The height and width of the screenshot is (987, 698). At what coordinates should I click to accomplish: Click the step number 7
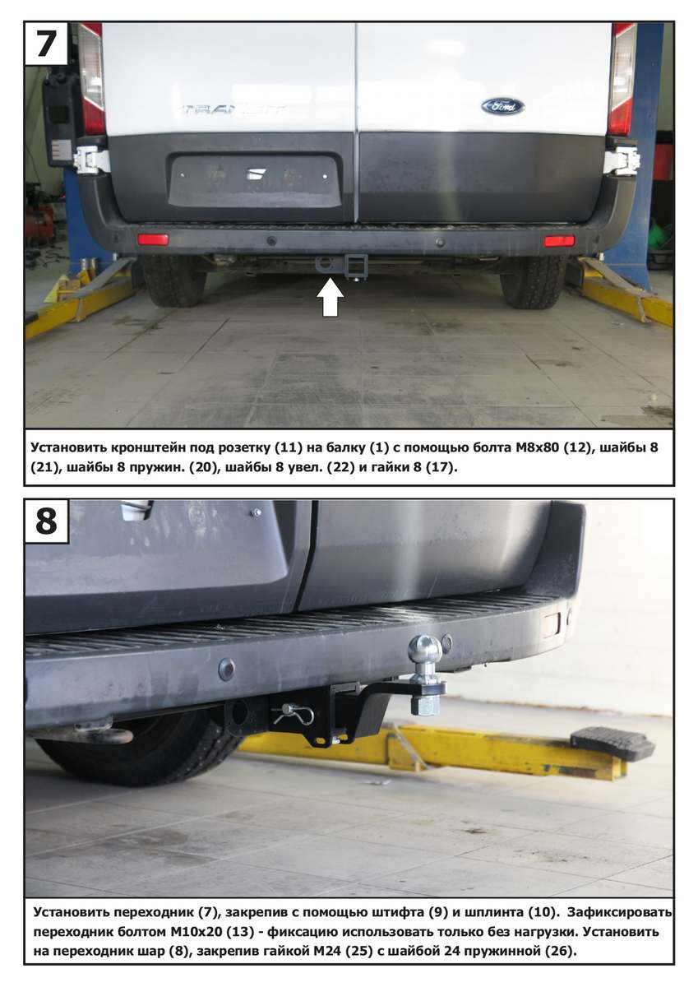point(46,43)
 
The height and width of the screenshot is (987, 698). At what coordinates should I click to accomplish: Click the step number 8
point(47,521)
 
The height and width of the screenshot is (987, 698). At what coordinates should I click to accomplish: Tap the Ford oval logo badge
point(502,107)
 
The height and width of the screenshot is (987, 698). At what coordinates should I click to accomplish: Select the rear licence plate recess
point(255,180)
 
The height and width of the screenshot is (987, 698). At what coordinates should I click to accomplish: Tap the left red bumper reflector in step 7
point(153,239)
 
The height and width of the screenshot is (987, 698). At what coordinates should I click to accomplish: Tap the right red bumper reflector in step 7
point(559,241)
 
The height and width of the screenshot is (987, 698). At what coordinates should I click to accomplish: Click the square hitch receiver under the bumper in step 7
point(356,263)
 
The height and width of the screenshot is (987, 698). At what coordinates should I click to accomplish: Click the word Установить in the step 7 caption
point(68,447)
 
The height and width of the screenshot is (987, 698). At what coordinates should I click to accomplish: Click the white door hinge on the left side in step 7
point(90,159)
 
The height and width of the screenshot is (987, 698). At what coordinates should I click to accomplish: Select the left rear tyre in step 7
point(169,280)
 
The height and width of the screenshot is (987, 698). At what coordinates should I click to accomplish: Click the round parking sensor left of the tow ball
point(227,669)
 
